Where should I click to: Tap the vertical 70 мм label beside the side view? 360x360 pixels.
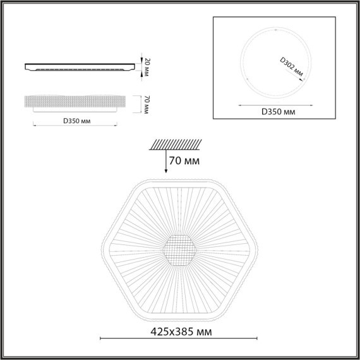146,104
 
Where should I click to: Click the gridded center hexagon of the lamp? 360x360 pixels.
179,251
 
